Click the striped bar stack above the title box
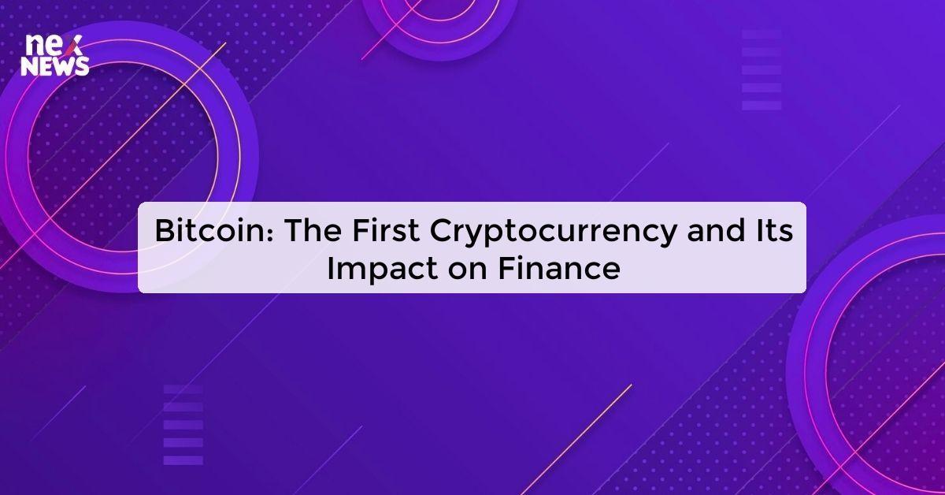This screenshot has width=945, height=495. click(x=762, y=69)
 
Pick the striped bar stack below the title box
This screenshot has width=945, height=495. click(x=183, y=425)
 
